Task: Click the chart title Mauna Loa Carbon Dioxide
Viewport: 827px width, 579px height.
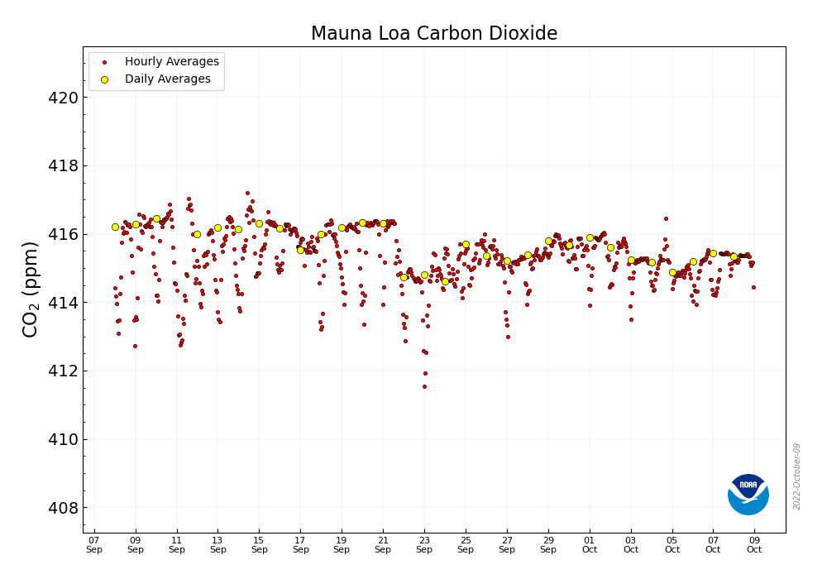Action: click(x=433, y=34)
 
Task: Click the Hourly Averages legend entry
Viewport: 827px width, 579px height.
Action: click(x=171, y=62)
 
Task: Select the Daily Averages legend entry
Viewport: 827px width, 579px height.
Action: click(x=167, y=79)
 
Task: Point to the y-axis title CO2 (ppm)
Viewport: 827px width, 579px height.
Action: click(x=31, y=289)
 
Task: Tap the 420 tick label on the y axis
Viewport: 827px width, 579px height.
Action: click(x=64, y=98)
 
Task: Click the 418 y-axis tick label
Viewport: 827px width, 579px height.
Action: click(x=64, y=166)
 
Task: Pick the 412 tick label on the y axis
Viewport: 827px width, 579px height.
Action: click(x=64, y=371)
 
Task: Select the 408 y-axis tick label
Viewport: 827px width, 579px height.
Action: click(x=64, y=508)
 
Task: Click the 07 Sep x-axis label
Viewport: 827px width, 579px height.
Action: click(x=94, y=544)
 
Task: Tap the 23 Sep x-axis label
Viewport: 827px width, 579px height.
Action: click(x=424, y=544)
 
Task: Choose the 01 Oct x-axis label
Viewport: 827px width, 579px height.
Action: click(x=590, y=544)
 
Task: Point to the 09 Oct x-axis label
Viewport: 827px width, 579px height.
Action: click(x=754, y=544)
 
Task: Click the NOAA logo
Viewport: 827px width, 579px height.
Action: click(x=748, y=495)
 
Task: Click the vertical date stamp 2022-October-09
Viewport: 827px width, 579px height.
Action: click(x=797, y=476)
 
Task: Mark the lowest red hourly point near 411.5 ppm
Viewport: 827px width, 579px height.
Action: click(x=424, y=386)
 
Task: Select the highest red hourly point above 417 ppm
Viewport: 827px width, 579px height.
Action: click(x=247, y=193)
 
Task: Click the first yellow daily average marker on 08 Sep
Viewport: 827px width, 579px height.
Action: click(x=115, y=227)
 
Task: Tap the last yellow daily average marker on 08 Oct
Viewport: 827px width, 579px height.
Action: click(x=734, y=256)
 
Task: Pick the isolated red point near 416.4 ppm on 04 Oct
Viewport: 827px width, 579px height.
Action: click(x=666, y=219)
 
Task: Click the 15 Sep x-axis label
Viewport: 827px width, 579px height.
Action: click(x=259, y=544)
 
